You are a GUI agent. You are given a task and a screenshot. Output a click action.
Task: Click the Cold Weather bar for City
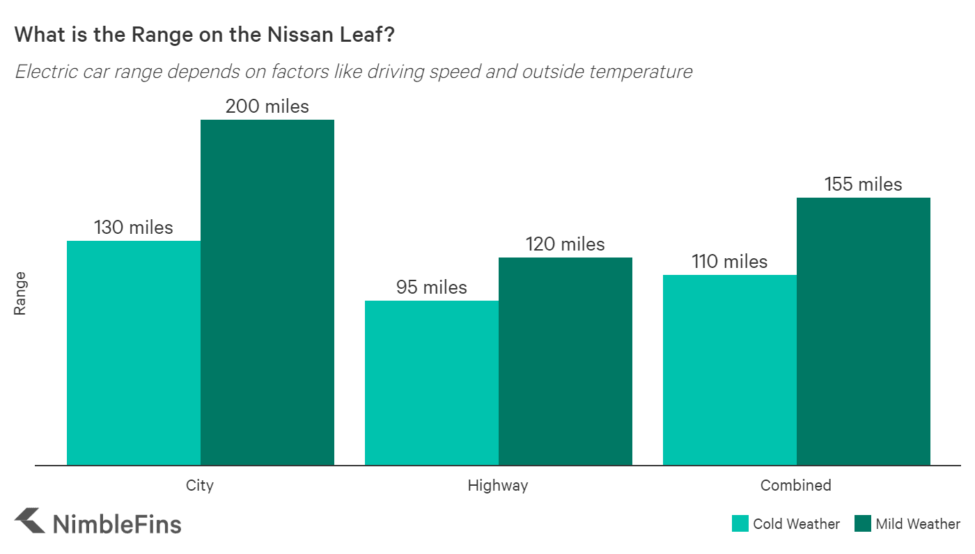click(134, 353)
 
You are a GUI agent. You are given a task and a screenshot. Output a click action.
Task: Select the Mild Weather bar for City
click(267, 292)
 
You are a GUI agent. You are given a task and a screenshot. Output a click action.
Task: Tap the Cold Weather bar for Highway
click(432, 383)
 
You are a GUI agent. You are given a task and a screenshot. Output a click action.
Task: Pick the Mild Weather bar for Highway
click(565, 361)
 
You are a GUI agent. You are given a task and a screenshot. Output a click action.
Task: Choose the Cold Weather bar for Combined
click(730, 370)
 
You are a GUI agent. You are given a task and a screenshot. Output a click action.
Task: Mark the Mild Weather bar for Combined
click(864, 331)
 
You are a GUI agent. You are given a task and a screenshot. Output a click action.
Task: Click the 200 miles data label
click(267, 106)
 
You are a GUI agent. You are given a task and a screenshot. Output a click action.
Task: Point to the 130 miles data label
click(134, 228)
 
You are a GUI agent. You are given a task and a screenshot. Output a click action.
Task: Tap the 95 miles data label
click(432, 287)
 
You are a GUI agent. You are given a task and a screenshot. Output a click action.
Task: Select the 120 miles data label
click(565, 244)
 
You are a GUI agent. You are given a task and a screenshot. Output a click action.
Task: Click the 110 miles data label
click(730, 262)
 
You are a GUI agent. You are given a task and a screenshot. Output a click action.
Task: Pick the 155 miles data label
click(864, 184)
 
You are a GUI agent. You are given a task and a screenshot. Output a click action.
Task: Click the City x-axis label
click(200, 485)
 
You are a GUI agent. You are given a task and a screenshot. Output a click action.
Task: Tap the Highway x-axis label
click(498, 485)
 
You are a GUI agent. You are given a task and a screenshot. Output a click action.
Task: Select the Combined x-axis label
click(796, 485)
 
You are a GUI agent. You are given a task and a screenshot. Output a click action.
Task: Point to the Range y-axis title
click(20, 293)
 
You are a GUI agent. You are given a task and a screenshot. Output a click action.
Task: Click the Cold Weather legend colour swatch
click(740, 524)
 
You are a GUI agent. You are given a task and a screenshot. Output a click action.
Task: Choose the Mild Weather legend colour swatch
click(862, 524)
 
